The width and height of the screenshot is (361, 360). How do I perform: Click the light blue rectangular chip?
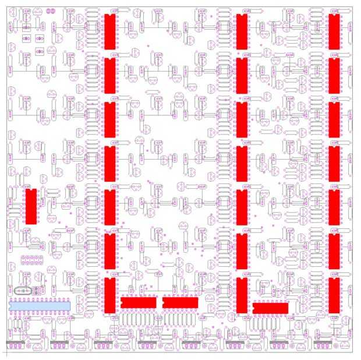click(40, 305)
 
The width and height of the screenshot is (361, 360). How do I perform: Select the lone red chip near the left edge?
click(31, 206)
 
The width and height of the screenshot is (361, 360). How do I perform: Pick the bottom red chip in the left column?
click(109, 295)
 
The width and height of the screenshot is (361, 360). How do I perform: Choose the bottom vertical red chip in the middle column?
click(242, 295)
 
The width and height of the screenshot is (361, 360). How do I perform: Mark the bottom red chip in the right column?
click(334, 295)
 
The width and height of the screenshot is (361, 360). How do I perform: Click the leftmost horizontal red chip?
click(139, 302)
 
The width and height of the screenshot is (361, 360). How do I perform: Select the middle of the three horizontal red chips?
click(180, 302)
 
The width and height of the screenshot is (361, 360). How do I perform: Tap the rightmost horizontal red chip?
click(271, 308)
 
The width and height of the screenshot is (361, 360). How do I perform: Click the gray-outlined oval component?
click(26, 290)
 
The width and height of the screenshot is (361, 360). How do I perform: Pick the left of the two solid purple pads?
click(48, 11)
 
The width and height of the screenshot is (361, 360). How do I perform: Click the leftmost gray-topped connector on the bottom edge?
click(16, 341)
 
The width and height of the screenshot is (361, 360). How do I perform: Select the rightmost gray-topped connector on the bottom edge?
click(324, 341)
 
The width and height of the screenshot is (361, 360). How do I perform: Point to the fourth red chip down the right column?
click(334, 164)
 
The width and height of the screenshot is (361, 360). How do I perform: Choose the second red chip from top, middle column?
click(242, 76)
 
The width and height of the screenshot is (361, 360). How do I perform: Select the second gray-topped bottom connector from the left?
click(60, 341)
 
